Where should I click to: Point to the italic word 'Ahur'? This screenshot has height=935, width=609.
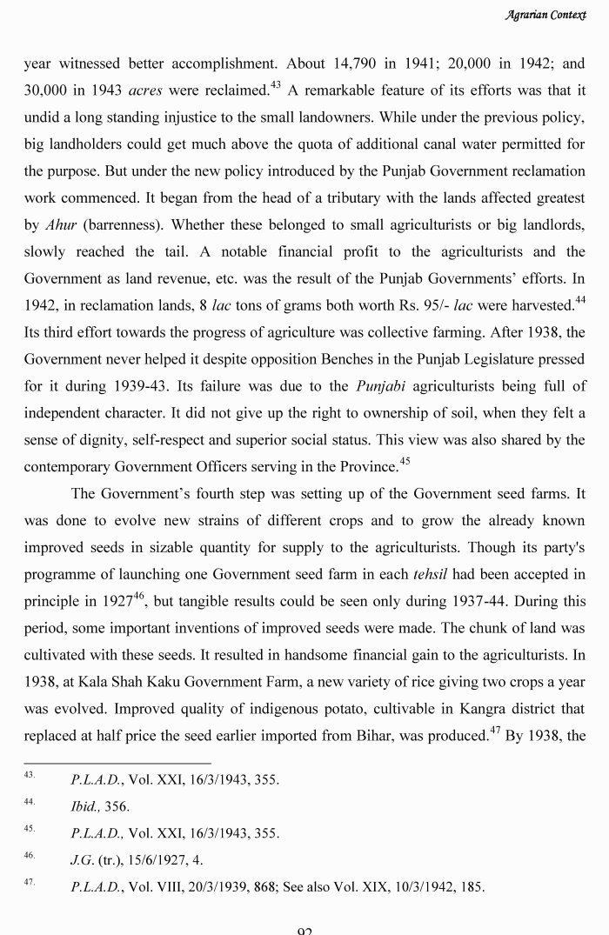click(61, 224)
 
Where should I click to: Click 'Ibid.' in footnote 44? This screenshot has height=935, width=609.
click(84, 806)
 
